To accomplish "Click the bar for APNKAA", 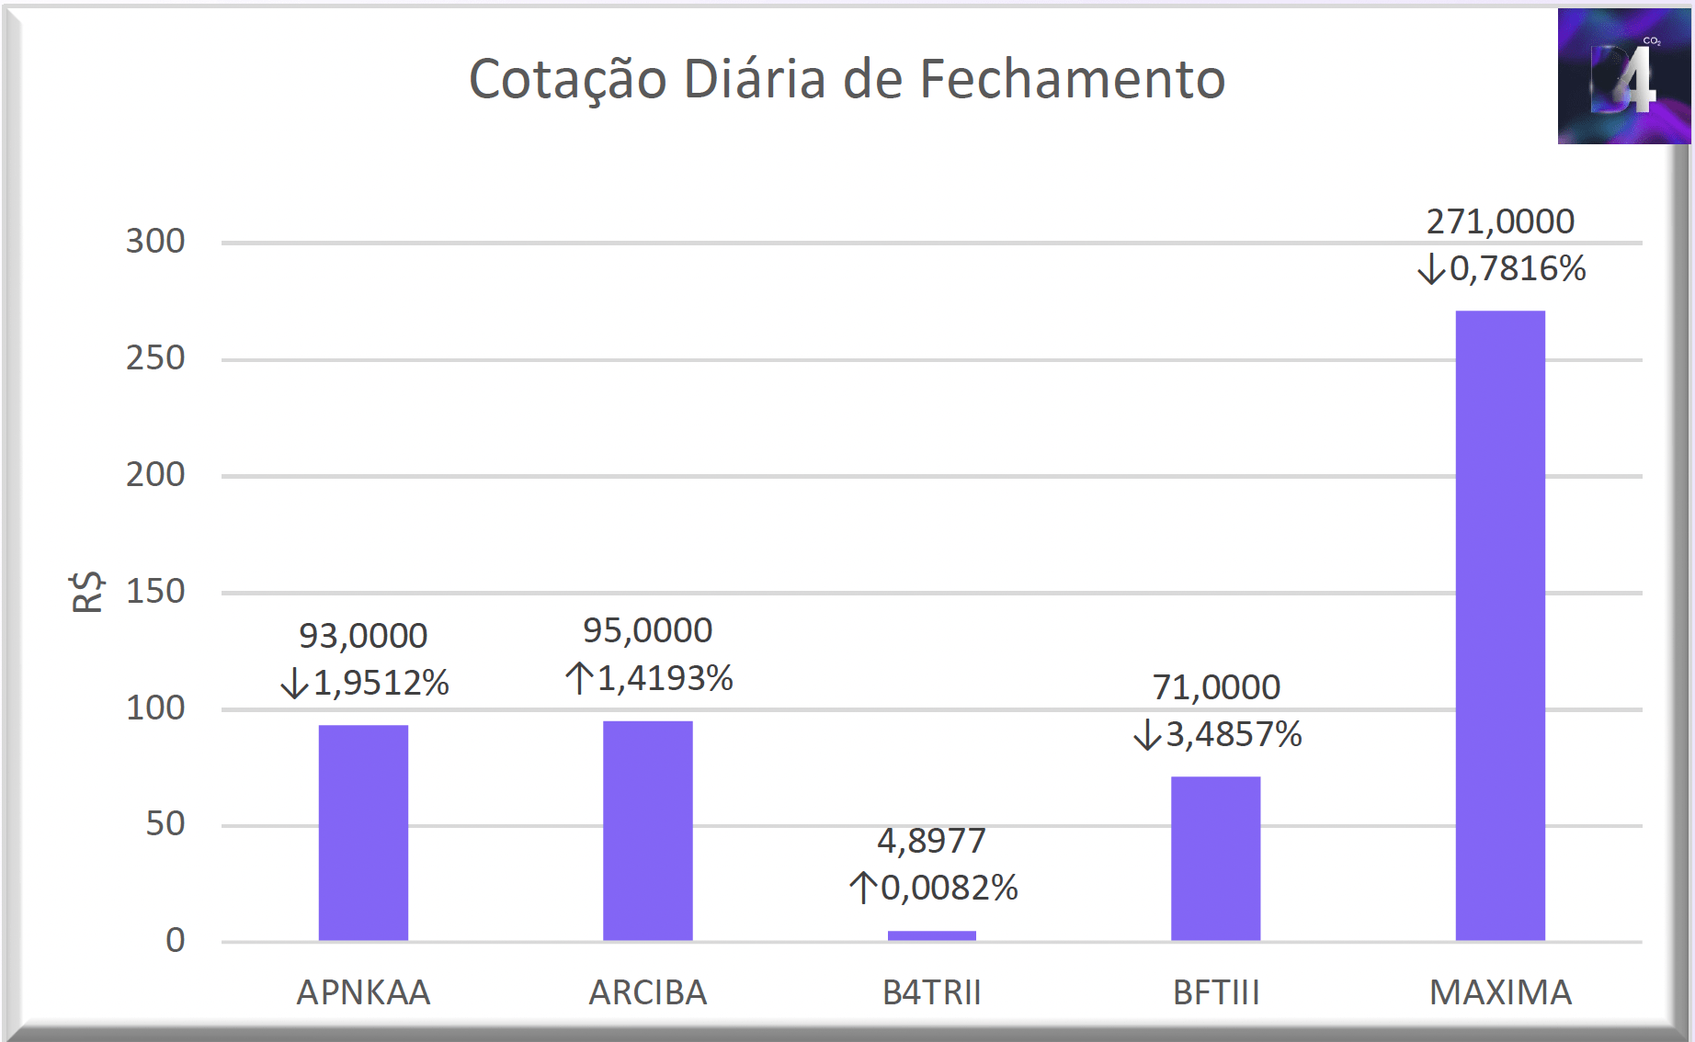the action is click(363, 832).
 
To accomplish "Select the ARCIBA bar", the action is click(648, 831).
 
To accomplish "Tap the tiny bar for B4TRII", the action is click(932, 935).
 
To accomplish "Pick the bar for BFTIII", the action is click(1216, 858).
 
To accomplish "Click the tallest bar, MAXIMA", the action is click(1500, 626).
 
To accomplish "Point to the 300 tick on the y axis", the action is click(155, 242).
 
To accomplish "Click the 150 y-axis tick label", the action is click(155, 592).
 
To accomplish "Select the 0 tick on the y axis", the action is click(176, 940).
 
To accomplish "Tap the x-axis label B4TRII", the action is click(932, 992).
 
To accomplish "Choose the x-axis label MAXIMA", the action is click(1500, 992).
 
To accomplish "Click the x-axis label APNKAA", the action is click(363, 992).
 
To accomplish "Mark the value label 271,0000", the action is click(1500, 221).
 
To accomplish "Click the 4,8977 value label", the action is click(931, 841).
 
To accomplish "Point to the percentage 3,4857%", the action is click(1234, 734).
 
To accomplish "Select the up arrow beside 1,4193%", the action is click(578, 678).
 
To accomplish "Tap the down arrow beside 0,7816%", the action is click(1431, 269).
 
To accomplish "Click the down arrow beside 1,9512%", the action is click(294, 683).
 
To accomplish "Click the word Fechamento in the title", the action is click(1072, 79).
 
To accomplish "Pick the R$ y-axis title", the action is click(87, 591).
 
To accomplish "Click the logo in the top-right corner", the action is click(1624, 76).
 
